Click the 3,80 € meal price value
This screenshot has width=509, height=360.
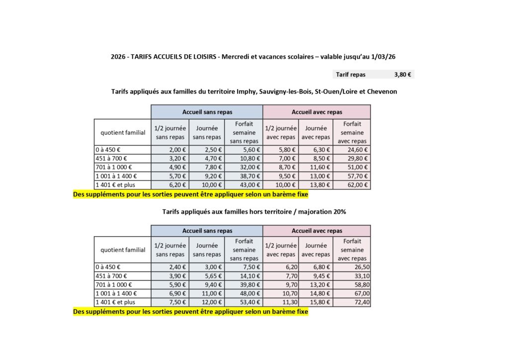coord(402,75)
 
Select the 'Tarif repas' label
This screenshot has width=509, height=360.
coord(350,75)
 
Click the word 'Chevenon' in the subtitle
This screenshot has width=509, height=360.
coord(383,91)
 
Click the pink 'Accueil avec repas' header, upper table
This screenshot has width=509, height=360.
coord(317,112)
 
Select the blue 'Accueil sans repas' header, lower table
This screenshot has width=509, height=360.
coord(207,231)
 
